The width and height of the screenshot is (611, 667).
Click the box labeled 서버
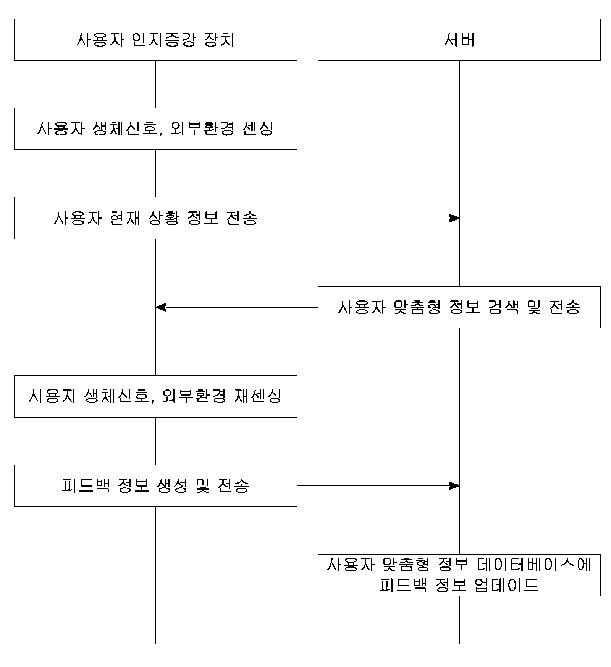pyautogui.click(x=459, y=40)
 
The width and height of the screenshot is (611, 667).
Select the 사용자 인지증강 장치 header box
pyautogui.click(x=155, y=40)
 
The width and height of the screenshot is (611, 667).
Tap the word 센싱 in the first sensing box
pyautogui.click(x=258, y=129)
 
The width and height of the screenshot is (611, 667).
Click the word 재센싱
pyautogui.click(x=257, y=396)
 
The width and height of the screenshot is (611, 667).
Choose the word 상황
pyautogui.click(x=163, y=218)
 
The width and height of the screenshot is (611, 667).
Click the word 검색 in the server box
pyautogui.click(x=503, y=307)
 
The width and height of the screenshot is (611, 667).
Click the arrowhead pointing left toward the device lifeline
pyautogui.click(x=161, y=307)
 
